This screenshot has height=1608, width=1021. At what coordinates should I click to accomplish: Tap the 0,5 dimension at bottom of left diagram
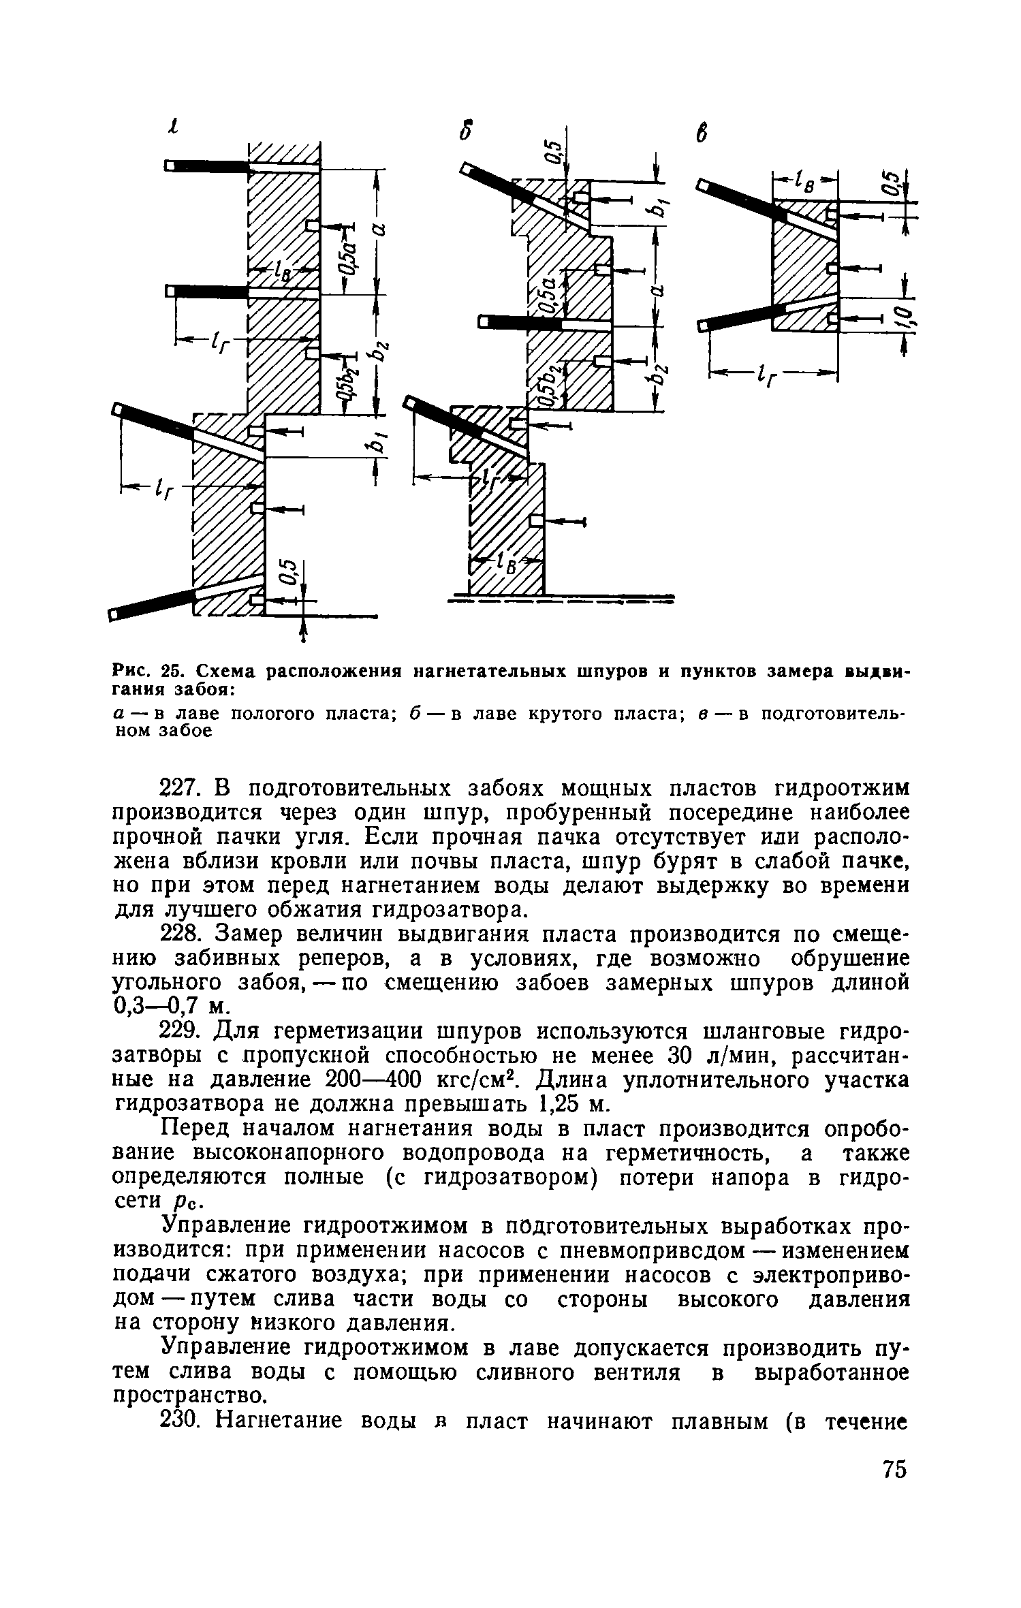pos(289,571)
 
